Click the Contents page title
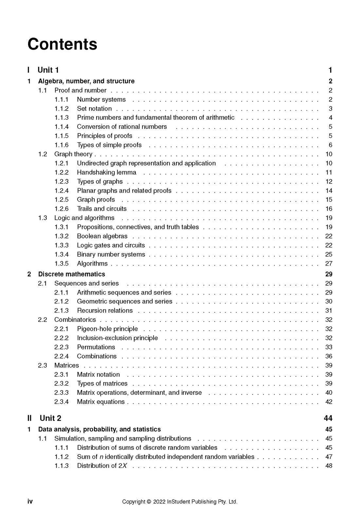pyautogui.click(x=62, y=44)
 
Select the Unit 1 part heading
pyautogui.click(x=48, y=70)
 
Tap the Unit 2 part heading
pyautogui.click(x=50, y=418)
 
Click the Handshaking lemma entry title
pyautogui.click(x=106, y=172)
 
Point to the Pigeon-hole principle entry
pyautogui.click(x=107, y=329)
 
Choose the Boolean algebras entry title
pyautogui.click(x=102, y=236)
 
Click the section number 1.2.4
pyautogui.click(x=62, y=191)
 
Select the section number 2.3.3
pyautogui.click(x=62, y=393)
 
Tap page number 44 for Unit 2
pyautogui.click(x=328, y=418)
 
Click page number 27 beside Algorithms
pyautogui.click(x=329, y=264)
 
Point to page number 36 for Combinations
pyautogui.click(x=329, y=356)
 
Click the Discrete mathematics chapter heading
pyautogui.click(x=72, y=274)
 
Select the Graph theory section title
pyautogui.click(x=73, y=154)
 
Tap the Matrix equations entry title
pyautogui.click(x=101, y=402)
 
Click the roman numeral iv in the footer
pyautogui.click(x=30, y=501)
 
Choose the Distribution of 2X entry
pyautogui.click(x=102, y=466)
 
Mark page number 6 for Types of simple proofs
pyautogui.click(x=330, y=145)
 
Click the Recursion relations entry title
pyautogui.click(x=105, y=311)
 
